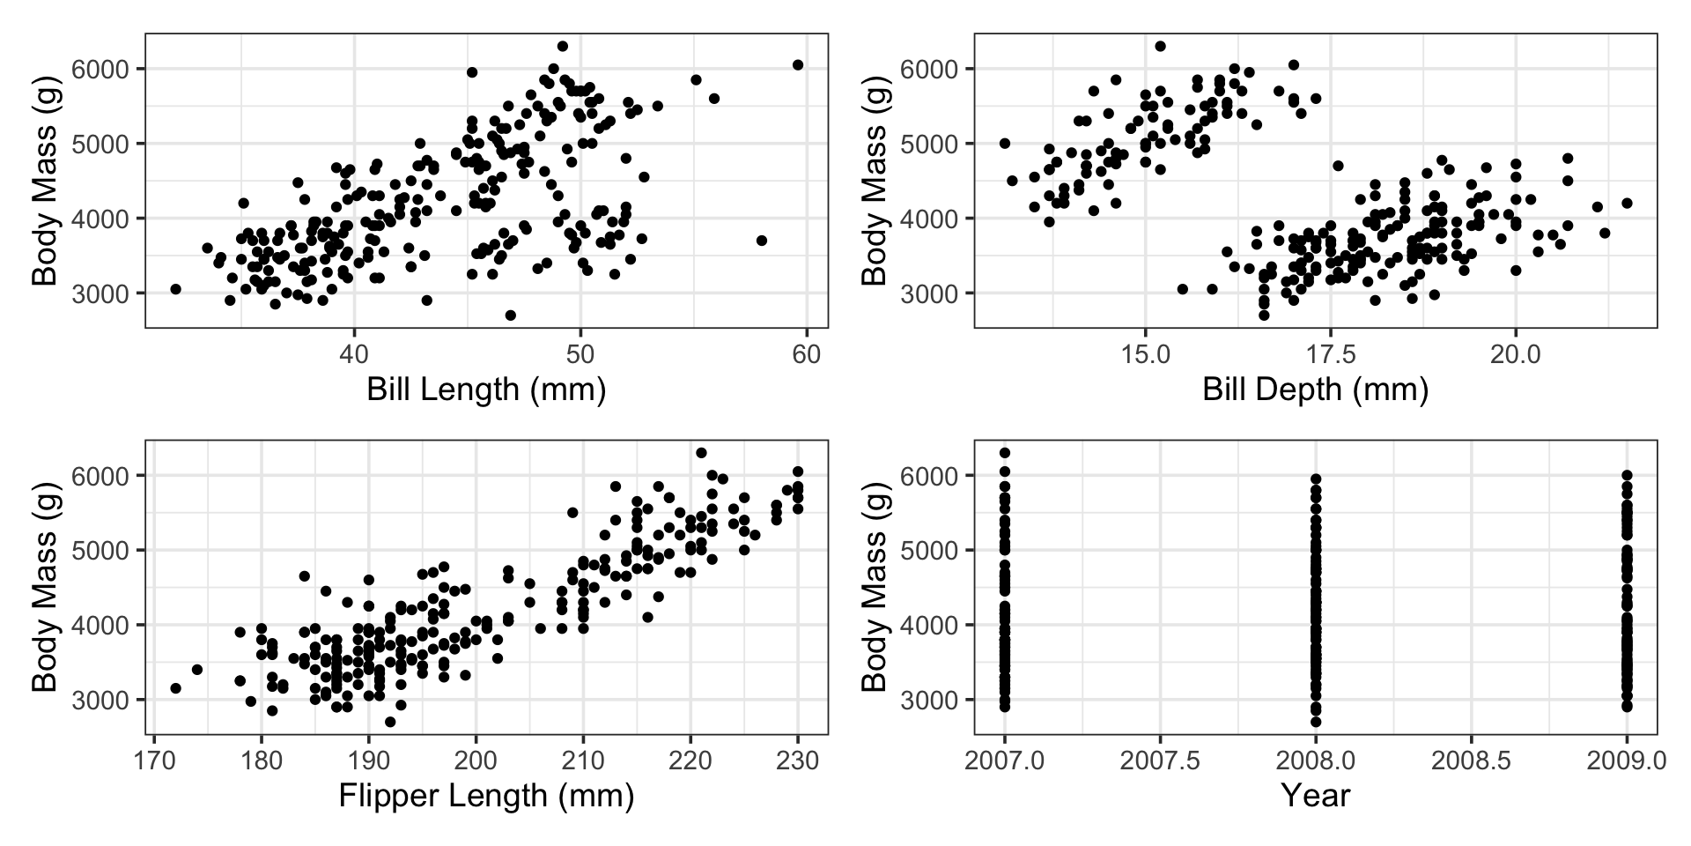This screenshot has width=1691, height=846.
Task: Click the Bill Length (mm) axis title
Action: (x=486, y=389)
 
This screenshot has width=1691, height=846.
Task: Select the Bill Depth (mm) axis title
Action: (x=1315, y=389)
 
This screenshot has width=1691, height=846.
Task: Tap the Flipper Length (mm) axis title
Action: (x=486, y=796)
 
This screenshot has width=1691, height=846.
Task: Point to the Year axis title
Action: (x=1315, y=796)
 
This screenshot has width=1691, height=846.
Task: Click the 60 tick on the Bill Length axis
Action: (x=806, y=354)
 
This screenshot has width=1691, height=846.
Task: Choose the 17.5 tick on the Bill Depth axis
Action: (x=1330, y=354)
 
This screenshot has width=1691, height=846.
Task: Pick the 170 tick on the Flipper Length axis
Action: (x=154, y=760)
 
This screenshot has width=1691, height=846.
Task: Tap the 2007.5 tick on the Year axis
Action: (x=1160, y=760)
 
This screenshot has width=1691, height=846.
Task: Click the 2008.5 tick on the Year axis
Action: (x=1471, y=760)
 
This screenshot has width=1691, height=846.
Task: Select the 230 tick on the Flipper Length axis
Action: (x=798, y=760)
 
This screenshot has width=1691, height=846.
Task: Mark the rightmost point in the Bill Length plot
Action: (x=798, y=64)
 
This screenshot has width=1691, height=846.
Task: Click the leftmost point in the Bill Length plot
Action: (x=175, y=289)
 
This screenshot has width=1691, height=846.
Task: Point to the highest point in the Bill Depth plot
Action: (x=1160, y=46)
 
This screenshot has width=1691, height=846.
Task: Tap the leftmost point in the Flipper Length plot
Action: (x=175, y=688)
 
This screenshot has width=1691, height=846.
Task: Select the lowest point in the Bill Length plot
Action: (x=510, y=315)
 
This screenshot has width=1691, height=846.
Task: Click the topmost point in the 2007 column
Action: (x=1004, y=453)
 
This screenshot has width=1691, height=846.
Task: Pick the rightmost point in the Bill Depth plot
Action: (x=1627, y=203)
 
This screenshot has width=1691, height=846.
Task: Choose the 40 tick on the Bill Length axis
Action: (x=354, y=354)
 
